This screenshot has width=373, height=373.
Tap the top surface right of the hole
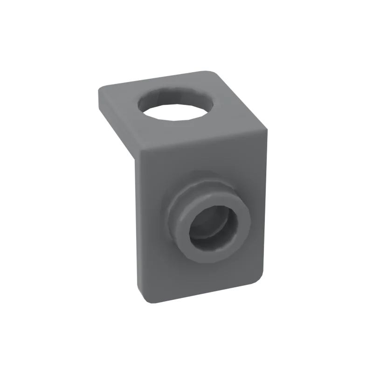tap(233, 107)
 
